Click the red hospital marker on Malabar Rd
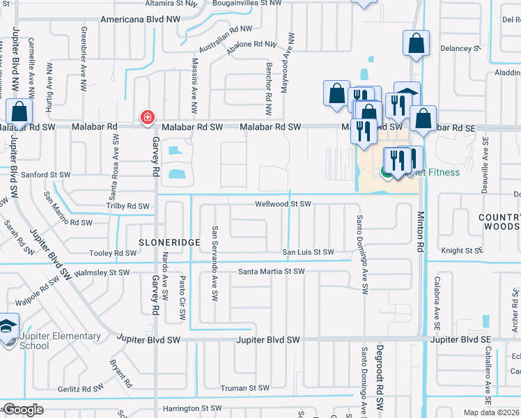pyautogui.click(x=147, y=117)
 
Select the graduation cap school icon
pyautogui.click(x=8, y=329)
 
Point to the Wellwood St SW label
pyautogui.click(x=282, y=204)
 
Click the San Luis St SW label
pyautogui.click(x=307, y=252)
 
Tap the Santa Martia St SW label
pyautogui.click(x=272, y=271)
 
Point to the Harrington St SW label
pyautogui.click(x=192, y=408)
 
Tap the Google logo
pyautogui.click(x=23, y=410)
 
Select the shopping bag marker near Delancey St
pyautogui.click(x=416, y=43)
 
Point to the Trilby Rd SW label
pyautogui.click(x=127, y=206)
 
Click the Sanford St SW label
pyautogui.click(x=45, y=175)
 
